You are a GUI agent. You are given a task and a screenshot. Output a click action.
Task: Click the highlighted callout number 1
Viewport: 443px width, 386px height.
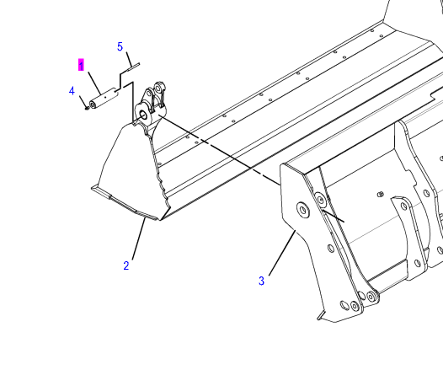tap(81, 65)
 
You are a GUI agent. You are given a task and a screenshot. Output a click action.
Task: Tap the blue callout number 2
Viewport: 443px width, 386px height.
tap(126, 265)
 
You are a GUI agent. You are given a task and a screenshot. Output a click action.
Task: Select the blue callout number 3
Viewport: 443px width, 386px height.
tap(261, 281)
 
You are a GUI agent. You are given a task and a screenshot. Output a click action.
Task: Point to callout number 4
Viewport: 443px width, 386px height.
tap(72, 91)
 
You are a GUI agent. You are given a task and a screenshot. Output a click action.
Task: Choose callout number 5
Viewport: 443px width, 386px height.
tap(120, 46)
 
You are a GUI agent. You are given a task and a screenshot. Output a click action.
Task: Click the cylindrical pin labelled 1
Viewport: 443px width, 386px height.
tap(104, 99)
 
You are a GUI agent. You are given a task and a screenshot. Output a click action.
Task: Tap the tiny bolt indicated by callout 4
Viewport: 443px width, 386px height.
tap(87, 108)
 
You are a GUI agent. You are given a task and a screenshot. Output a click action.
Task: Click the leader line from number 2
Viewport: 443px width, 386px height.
tap(138, 239)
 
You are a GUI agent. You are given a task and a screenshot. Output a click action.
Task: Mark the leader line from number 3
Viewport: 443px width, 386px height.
tap(282, 253)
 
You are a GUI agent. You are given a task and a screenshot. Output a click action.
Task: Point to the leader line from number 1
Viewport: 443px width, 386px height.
tap(94, 83)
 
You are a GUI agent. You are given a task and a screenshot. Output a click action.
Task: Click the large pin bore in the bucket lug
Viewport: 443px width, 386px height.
tap(143, 115)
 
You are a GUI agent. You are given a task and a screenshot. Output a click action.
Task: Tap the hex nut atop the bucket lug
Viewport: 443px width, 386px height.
tap(158, 85)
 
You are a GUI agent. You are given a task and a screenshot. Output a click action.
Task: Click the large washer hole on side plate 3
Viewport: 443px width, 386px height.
tap(303, 210)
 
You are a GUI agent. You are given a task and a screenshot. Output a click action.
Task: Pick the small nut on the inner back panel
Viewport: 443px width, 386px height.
tap(381, 195)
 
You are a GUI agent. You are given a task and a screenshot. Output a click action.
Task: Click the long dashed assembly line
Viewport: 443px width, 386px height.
tap(220, 150)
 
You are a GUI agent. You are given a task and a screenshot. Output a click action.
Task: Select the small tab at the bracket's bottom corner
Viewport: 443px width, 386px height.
tap(321, 315)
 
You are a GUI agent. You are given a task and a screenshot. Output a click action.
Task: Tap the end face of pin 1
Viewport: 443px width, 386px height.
tap(93, 105)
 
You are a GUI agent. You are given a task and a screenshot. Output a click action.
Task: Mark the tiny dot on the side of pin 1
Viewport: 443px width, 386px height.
tap(105, 97)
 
